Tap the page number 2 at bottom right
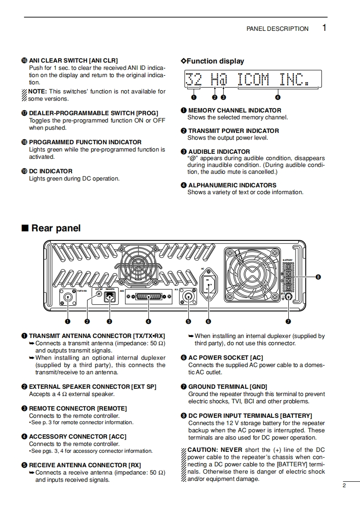point(344,485)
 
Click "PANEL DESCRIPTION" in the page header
point(277,29)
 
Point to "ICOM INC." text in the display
point(274,79)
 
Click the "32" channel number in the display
point(194,79)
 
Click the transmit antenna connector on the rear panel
point(68,298)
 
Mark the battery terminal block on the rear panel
point(288,278)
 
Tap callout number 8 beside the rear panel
point(318,277)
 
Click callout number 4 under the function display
point(277,97)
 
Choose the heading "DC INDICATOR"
point(50,171)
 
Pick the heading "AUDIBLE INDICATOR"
point(219,152)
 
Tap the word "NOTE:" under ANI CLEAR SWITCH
point(38,91)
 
